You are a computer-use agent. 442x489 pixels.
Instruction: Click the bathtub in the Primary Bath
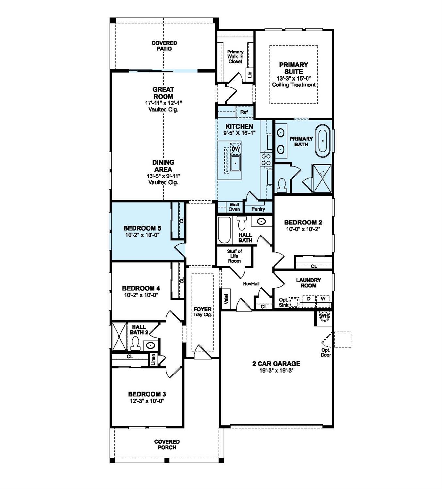pos(323,141)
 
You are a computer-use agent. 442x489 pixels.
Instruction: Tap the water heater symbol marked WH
pos(324,316)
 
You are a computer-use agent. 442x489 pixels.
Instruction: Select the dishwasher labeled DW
pos(236,149)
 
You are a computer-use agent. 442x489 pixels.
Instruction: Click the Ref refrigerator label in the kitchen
pos(244,112)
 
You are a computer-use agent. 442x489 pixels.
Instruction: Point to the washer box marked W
pos(323,299)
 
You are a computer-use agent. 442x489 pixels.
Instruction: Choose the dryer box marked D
pos(308,299)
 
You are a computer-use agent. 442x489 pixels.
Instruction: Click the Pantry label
pos(258,209)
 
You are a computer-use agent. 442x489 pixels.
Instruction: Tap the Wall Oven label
pos(234,207)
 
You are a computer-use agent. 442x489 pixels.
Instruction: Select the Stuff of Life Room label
pos(234,256)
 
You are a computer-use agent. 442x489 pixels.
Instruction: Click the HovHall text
pos(251,284)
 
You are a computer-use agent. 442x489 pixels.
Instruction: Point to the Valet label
pos(226,299)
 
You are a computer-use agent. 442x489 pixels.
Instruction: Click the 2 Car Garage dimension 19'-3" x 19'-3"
pos(276,371)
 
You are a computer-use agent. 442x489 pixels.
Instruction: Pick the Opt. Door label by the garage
pos(325,352)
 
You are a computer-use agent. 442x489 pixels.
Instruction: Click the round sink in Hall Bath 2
pos(150,345)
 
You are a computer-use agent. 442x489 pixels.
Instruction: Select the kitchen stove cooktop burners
pos(266,160)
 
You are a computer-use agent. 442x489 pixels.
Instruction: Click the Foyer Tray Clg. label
pos(202,312)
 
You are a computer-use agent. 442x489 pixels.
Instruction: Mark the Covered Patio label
pos(164,46)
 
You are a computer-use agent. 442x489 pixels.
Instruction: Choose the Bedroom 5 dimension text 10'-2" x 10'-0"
pos(142,235)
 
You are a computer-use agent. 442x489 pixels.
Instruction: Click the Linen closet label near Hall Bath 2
pos(153,359)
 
